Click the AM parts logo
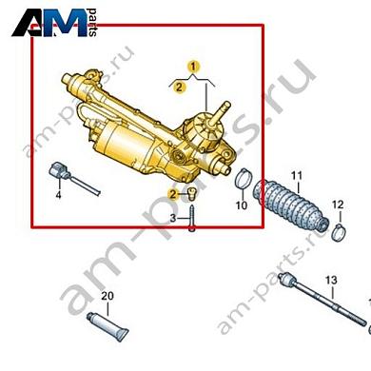point(51,23)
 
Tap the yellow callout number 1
point(193,67)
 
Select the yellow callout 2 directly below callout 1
point(179,87)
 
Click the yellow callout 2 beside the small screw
point(173,194)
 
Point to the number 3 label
point(173,219)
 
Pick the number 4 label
point(58,196)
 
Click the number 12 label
point(337,205)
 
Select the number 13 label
point(331,279)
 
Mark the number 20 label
point(107,297)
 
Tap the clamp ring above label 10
point(244,178)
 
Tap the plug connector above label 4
point(65,172)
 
